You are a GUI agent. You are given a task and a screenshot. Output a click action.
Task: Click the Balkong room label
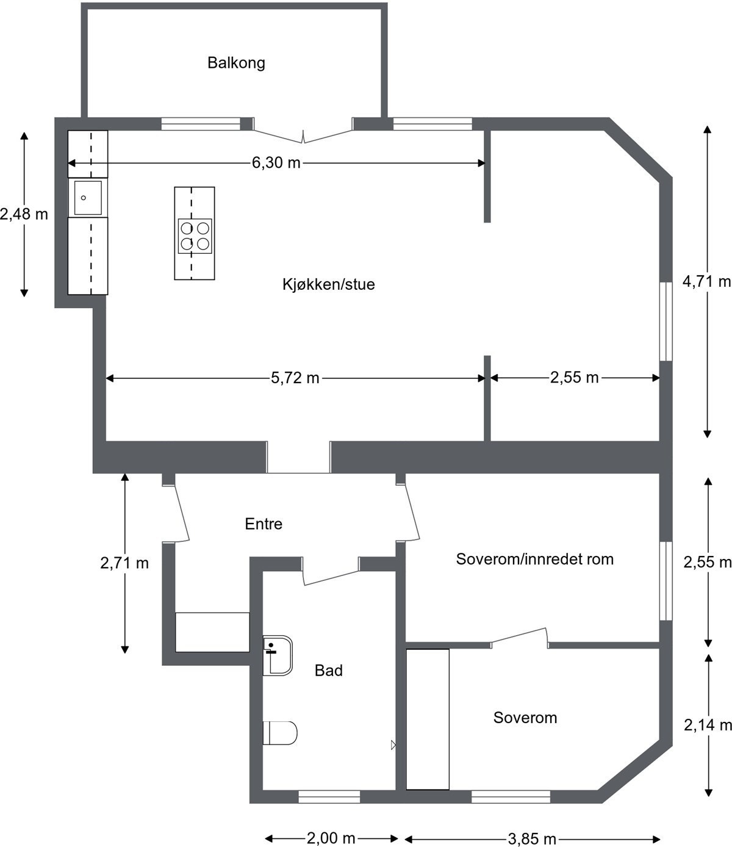236,63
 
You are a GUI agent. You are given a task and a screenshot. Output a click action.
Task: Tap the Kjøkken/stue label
328,284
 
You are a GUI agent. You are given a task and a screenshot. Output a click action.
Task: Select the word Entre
264,524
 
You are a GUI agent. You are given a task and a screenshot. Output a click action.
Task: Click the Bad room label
328,671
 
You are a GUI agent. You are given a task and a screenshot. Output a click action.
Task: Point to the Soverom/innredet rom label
534,559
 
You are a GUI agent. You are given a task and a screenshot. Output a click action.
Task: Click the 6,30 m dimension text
276,163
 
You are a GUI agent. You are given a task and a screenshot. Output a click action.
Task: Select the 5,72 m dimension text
295,378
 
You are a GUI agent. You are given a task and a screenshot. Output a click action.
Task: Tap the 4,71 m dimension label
706,281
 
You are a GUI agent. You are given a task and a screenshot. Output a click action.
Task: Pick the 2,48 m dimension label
24,214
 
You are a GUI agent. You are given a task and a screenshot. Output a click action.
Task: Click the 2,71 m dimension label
124,563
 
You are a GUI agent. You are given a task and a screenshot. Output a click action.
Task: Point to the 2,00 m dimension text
331,838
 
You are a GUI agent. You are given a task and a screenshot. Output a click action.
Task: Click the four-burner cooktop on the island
195,236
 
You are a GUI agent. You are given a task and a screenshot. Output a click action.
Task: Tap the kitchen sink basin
88,198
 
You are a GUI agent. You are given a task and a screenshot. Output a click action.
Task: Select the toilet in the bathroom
280,733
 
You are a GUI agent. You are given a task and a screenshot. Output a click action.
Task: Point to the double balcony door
303,135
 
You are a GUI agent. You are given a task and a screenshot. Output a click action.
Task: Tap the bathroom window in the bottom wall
329,797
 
